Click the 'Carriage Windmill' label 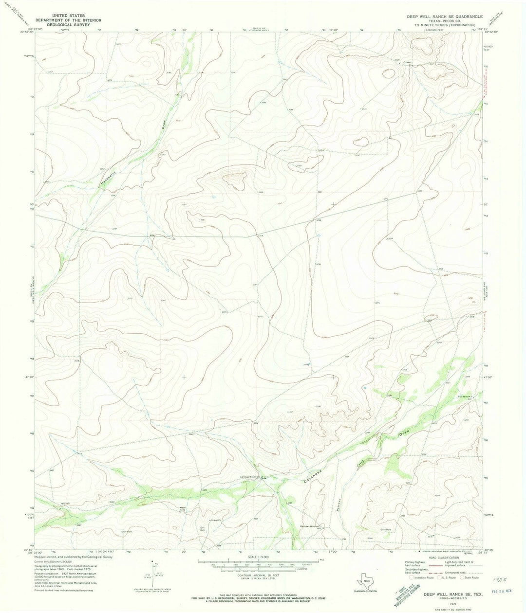(249, 477)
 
